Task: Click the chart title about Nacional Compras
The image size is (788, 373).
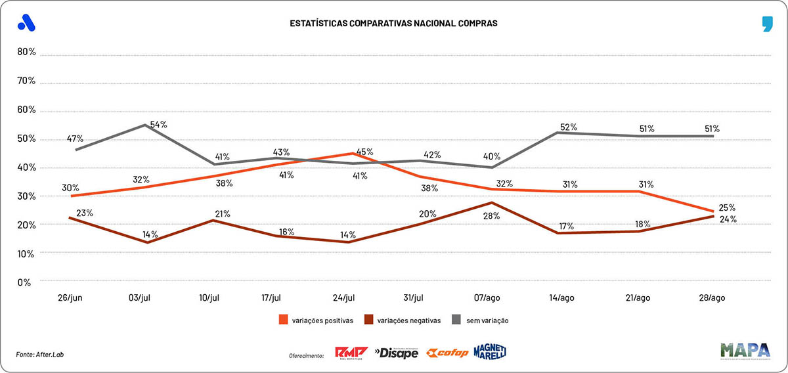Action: coord(393,24)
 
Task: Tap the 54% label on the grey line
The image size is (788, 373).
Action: coord(158,125)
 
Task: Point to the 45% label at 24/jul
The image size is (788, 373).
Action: coord(365,152)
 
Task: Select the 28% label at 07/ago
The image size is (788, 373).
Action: coord(492,215)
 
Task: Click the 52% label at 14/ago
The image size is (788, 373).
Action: coord(569,127)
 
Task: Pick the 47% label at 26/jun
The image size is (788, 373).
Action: coord(75,139)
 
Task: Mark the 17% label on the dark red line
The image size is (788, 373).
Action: coord(566,227)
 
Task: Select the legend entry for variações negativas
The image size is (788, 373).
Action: coord(406,320)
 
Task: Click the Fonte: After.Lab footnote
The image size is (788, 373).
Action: coord(40,355)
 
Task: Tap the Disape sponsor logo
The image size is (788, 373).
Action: coord(396,353)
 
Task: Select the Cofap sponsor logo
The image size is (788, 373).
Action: coord(447,353)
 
